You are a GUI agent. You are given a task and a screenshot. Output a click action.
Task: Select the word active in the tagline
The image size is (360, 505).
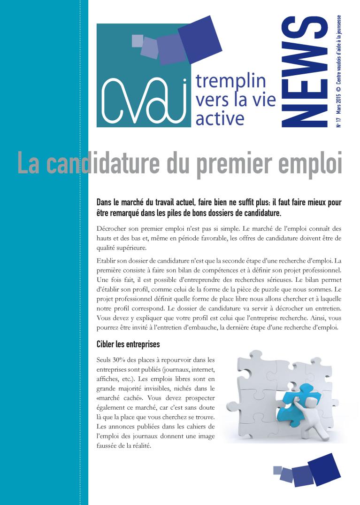click(220, 118)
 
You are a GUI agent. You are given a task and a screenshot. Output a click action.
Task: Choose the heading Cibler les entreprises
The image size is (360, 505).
click(128, 344)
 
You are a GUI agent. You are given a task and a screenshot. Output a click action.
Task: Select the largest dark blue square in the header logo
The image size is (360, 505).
click(200, 36)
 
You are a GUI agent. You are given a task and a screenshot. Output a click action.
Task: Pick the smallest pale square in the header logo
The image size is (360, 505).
click(137, 40)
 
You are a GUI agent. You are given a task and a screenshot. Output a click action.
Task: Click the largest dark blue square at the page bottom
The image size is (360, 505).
click(324, 470)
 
